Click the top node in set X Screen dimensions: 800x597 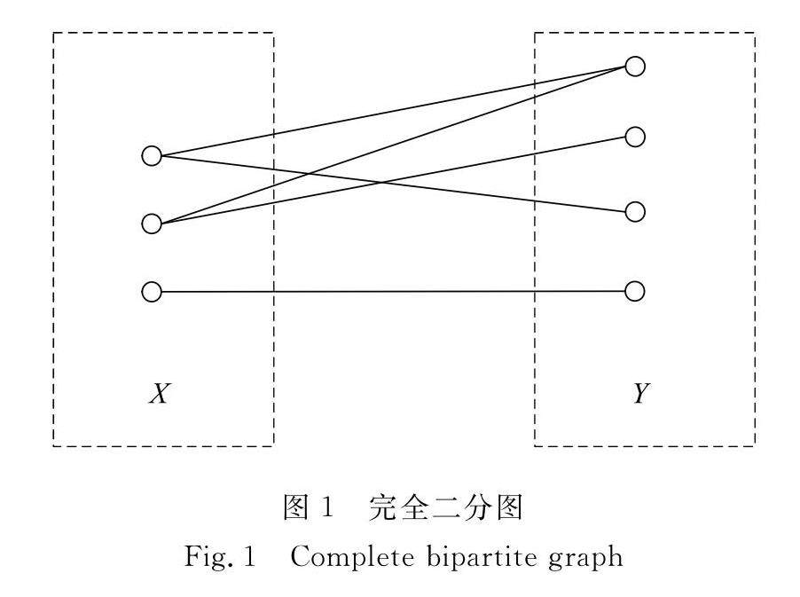152,156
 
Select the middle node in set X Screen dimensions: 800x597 152,223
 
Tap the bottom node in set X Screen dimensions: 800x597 152,292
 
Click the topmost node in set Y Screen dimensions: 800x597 634,66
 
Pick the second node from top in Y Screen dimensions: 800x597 634,137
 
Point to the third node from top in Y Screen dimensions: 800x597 634,212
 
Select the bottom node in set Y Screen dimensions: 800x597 634,291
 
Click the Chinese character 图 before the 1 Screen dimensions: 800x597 294,509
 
